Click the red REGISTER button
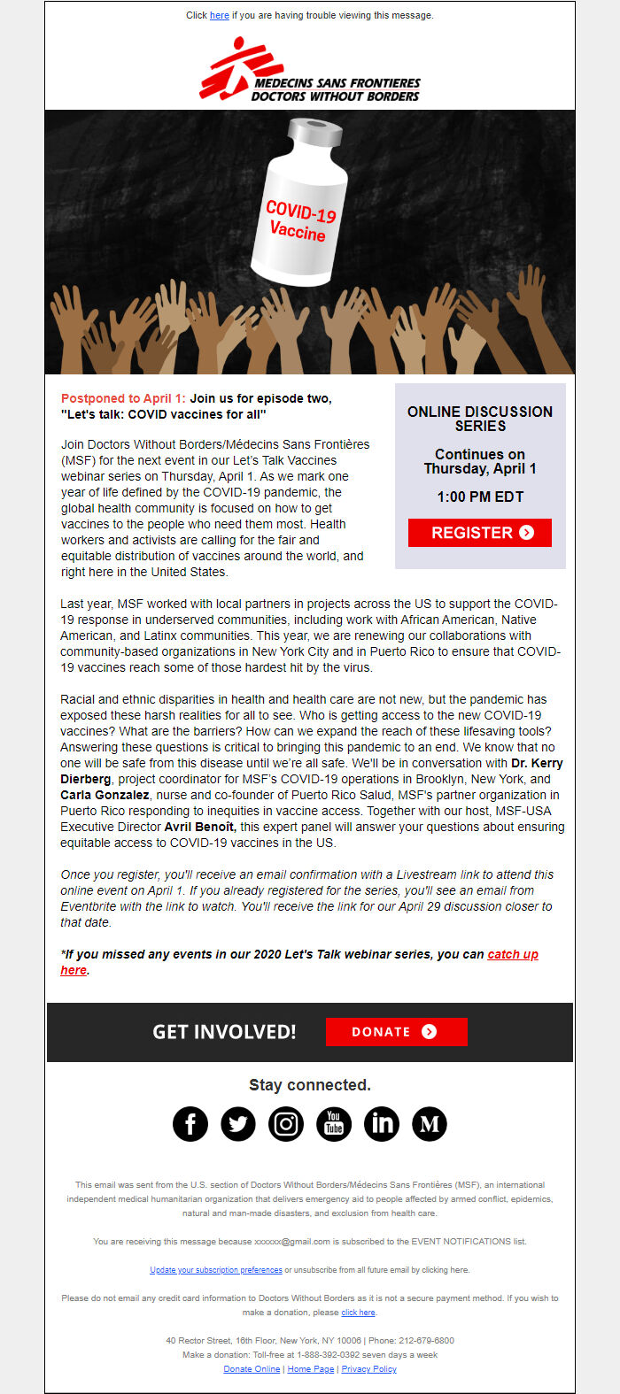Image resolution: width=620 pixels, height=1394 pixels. point(479,533)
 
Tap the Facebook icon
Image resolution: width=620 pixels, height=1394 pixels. point(190,1124)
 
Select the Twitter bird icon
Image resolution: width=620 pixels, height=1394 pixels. point(238,1124)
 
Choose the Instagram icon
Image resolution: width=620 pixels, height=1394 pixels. point(286,1124)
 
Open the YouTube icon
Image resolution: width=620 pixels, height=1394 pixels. point(334,1124)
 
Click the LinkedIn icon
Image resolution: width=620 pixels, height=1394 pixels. point(382,1124)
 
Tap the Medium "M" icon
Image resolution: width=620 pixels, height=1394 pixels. point(430,1124)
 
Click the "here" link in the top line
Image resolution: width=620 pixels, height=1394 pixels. point(220,15)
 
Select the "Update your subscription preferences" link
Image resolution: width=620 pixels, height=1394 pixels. point(216,1270)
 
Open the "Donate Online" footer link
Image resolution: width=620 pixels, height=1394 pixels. point(252,1369)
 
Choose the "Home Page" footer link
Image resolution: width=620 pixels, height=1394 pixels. point(311,1369)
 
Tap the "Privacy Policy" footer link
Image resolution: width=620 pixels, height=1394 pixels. point(368,1369)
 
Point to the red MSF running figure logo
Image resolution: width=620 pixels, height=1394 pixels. point(229,67)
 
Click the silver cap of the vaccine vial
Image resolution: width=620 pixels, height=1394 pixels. point(316,134)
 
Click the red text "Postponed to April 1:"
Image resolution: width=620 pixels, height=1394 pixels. point(123,399)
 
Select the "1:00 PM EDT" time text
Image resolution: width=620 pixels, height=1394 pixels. point(479,497)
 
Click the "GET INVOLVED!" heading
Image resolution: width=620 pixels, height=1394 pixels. point(224,1032)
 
